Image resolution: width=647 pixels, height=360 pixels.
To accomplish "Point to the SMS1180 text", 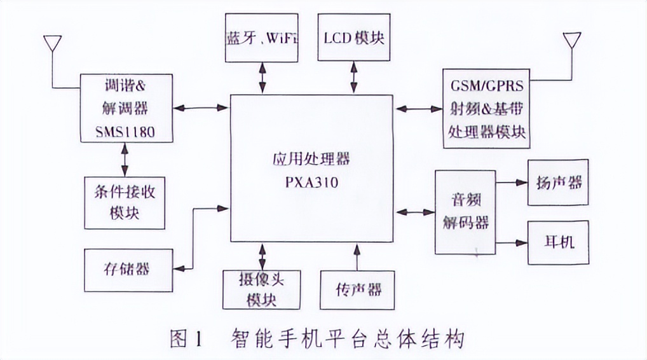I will [125, 132].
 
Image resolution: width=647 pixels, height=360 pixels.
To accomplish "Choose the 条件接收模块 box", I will [125, 202].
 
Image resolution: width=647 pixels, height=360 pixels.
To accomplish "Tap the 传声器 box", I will [357, 289].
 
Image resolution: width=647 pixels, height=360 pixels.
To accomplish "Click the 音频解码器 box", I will [465, 212].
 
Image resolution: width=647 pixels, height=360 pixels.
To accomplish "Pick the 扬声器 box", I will [558, 182].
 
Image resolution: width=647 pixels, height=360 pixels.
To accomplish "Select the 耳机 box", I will [558, 242].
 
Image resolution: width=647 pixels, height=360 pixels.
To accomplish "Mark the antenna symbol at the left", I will [52, 45].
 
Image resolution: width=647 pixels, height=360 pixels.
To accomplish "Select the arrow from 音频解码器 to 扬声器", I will [512, 183].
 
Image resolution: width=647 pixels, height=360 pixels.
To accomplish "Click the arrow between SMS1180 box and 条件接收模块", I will [125, 160].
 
